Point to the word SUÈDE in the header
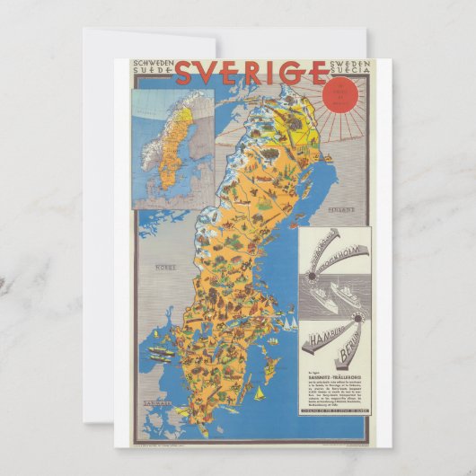coord(150,75)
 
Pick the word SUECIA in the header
coord(327,75)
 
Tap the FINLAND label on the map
coord(342,209)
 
